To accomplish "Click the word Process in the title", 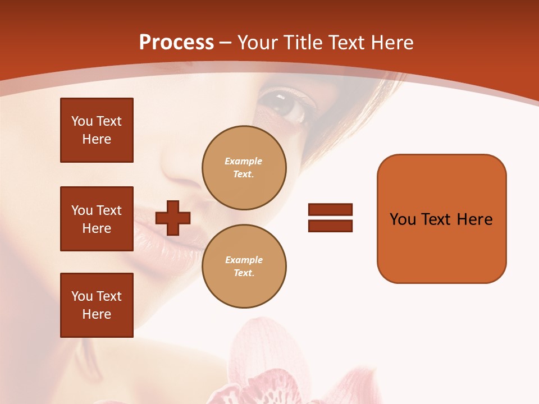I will point(176,43).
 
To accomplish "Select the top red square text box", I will point(97,130).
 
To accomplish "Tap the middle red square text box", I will point(97,219).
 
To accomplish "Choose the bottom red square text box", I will point(97,305).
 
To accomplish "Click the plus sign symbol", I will point(173,218).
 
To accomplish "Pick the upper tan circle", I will point(244,168).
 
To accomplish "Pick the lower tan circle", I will point(244,267).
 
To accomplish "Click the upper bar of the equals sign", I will point(330,209).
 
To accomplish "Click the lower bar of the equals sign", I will point(330,226).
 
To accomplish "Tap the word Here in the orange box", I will point(474,219).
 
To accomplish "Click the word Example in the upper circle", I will point(243,161).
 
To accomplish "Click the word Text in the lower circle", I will point(243,273).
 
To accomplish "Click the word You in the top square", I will point(82,121).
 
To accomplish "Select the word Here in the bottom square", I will point(97,314).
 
